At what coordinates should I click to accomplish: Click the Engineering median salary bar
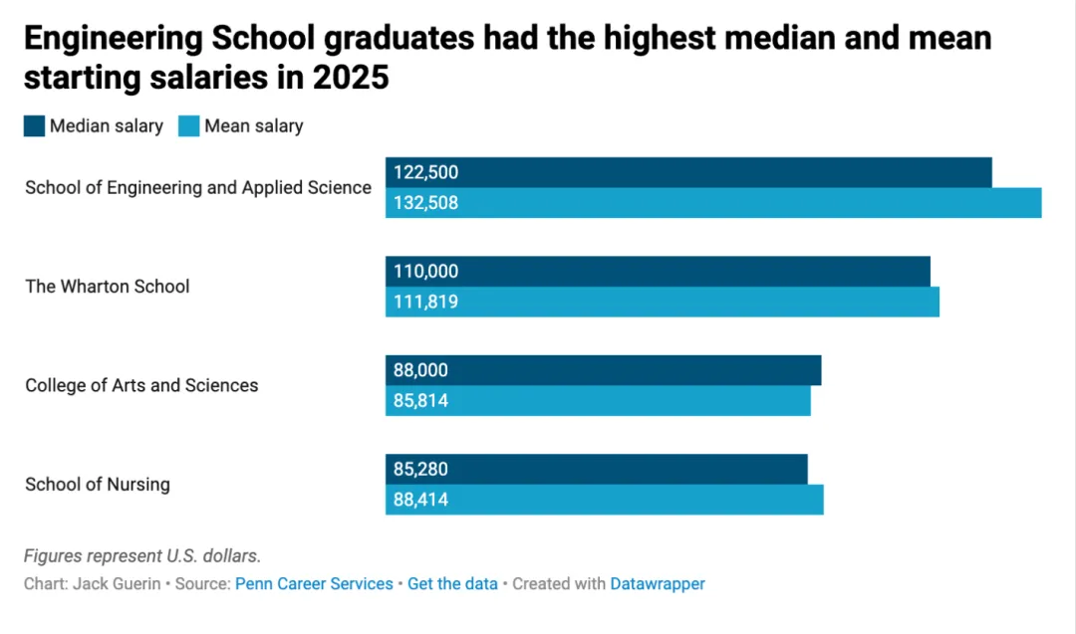click(x=688, y=173)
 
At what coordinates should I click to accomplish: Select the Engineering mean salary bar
click(x=713, y=203)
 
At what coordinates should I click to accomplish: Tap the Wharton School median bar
click(x=659, y=272)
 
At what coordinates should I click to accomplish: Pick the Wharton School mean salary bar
click(x=663, y=302)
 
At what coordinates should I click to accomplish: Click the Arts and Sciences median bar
click(x=603, y=370)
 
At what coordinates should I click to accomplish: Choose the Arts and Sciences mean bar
click(x=598, y=400)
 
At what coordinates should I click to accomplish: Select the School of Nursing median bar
click(x=597, y=470)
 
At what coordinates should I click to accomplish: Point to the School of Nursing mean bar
click(x=605, y=500)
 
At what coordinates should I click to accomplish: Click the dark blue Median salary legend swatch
click(x=34, y=126)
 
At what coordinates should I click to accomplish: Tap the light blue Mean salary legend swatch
click(x=188, y=126)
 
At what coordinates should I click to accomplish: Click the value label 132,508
click(x=425, y=203)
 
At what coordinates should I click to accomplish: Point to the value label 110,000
click(x=425, y=272)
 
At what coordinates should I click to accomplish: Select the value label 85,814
click(x=420, y=400)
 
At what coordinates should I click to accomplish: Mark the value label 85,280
click(x=420, y=470)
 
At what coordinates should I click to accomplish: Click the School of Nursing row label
click(x=98, y=485)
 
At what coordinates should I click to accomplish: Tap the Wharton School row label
click(x=107, y=287)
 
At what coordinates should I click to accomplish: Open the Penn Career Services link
click(x=314, y=584)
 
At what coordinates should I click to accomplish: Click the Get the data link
click(x=453, y=584)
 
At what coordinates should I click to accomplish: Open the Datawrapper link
click(x=658, y=584)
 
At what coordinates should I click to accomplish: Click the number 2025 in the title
click(x=351, y=78)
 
